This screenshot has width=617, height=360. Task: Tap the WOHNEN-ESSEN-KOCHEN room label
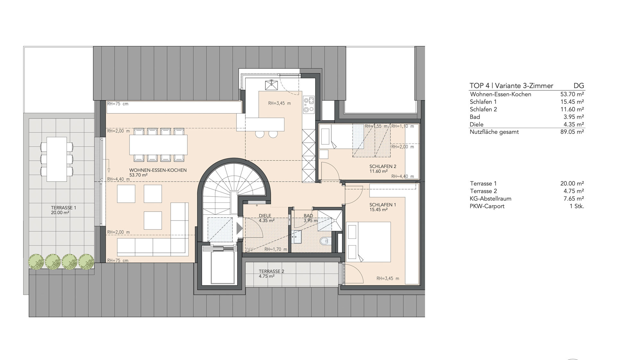[158, 170]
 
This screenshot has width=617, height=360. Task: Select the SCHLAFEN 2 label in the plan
[383, 166]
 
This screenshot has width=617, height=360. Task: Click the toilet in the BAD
[325, 240]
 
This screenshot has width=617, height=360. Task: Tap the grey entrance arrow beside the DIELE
[240, 228]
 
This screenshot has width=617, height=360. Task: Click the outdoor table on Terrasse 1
[57, 159]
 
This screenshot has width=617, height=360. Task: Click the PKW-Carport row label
[487, 206]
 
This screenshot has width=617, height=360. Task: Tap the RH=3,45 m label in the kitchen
[280, 104]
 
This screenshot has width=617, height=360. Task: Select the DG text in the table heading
[579, 86]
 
